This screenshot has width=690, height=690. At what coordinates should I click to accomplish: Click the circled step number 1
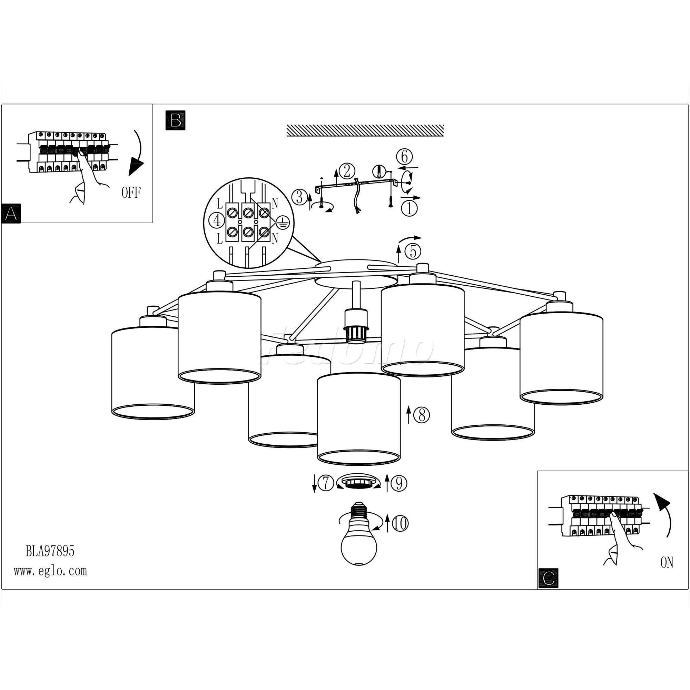tap(409, 208)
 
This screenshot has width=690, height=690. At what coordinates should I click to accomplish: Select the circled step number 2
tap(347, 171)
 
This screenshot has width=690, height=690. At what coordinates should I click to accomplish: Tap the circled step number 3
tap(299, 197)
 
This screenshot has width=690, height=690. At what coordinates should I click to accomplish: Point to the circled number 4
tap(217, 221)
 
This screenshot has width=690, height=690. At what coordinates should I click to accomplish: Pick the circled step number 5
tap(413, 252)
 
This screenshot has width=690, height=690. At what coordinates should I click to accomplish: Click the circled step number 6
tap(404, 156)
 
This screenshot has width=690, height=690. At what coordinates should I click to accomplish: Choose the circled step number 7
tap(326, 483)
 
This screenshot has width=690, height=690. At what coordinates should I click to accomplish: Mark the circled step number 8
tap(422, 415)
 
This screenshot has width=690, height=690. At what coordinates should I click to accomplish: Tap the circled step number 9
tap(399, 483)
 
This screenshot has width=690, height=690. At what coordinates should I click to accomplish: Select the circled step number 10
tap(400, 524)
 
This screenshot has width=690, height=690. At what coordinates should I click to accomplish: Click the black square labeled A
tap(11, 213)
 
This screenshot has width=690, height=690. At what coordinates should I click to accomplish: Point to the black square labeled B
tap(175, 120)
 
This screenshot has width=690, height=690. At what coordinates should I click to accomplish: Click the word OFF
tap(131, 193)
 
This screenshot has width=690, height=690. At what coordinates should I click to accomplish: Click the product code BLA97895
tap(50, 551)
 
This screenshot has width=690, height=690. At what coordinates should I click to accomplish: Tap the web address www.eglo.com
tap(50, 571)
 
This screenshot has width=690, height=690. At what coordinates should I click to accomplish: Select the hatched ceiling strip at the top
tap(365, 130)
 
